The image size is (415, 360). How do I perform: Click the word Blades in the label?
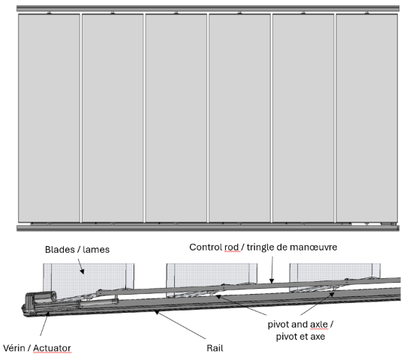coord(60,250)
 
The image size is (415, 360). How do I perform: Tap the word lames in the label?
coord(96,250)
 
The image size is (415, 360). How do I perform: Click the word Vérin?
coord(14,348)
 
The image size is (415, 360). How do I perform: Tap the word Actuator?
coord(52,348)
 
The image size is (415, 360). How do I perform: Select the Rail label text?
coord(215,348)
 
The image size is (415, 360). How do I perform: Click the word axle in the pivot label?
coord(319,324)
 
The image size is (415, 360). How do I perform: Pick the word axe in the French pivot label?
coord(318,337)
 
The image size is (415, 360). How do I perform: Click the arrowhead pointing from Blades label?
coord(83,271)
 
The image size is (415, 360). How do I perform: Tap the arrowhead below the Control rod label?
coord(272,280)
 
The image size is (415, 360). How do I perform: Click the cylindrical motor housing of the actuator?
coord(46,295)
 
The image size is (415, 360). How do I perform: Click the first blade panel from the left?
coord(49,118)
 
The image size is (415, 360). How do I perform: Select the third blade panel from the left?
coord(176,118)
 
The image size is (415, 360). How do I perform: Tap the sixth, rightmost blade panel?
coord(367,118)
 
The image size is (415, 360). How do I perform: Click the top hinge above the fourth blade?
coord(240,13)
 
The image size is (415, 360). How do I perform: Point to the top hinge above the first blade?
coord(49,13)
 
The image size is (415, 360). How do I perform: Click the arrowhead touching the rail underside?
coord(157,313)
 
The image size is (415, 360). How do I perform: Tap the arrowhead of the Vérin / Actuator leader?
coord(48,314)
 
